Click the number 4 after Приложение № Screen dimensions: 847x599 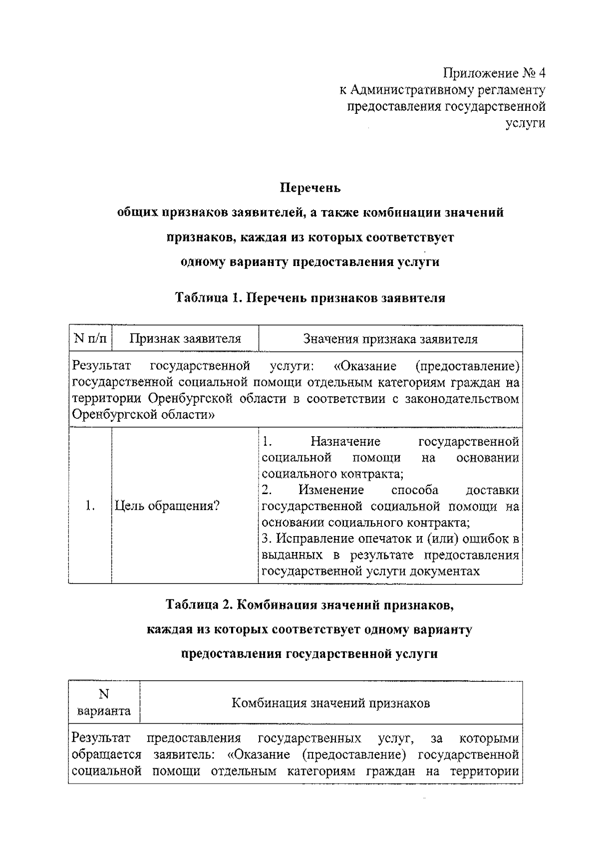pos(542,73)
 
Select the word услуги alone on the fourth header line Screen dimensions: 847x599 pos(525,123)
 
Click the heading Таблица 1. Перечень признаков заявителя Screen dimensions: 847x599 pos(309,298)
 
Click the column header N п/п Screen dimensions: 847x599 pos(90,339)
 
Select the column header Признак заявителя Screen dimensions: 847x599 pos(185,339)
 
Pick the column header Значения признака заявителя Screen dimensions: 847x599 pos(390,339)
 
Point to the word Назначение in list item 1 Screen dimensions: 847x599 pos(345,441)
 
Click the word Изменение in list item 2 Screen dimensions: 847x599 pos(331,490)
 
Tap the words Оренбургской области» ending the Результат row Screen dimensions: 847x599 pos(143,415)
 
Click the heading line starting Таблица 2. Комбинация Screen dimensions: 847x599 pos(309,605)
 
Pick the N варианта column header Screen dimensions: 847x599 pos(104,703)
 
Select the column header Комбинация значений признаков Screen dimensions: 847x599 pos(330,703)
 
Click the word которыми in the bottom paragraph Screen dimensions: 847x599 pos(489,738)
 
